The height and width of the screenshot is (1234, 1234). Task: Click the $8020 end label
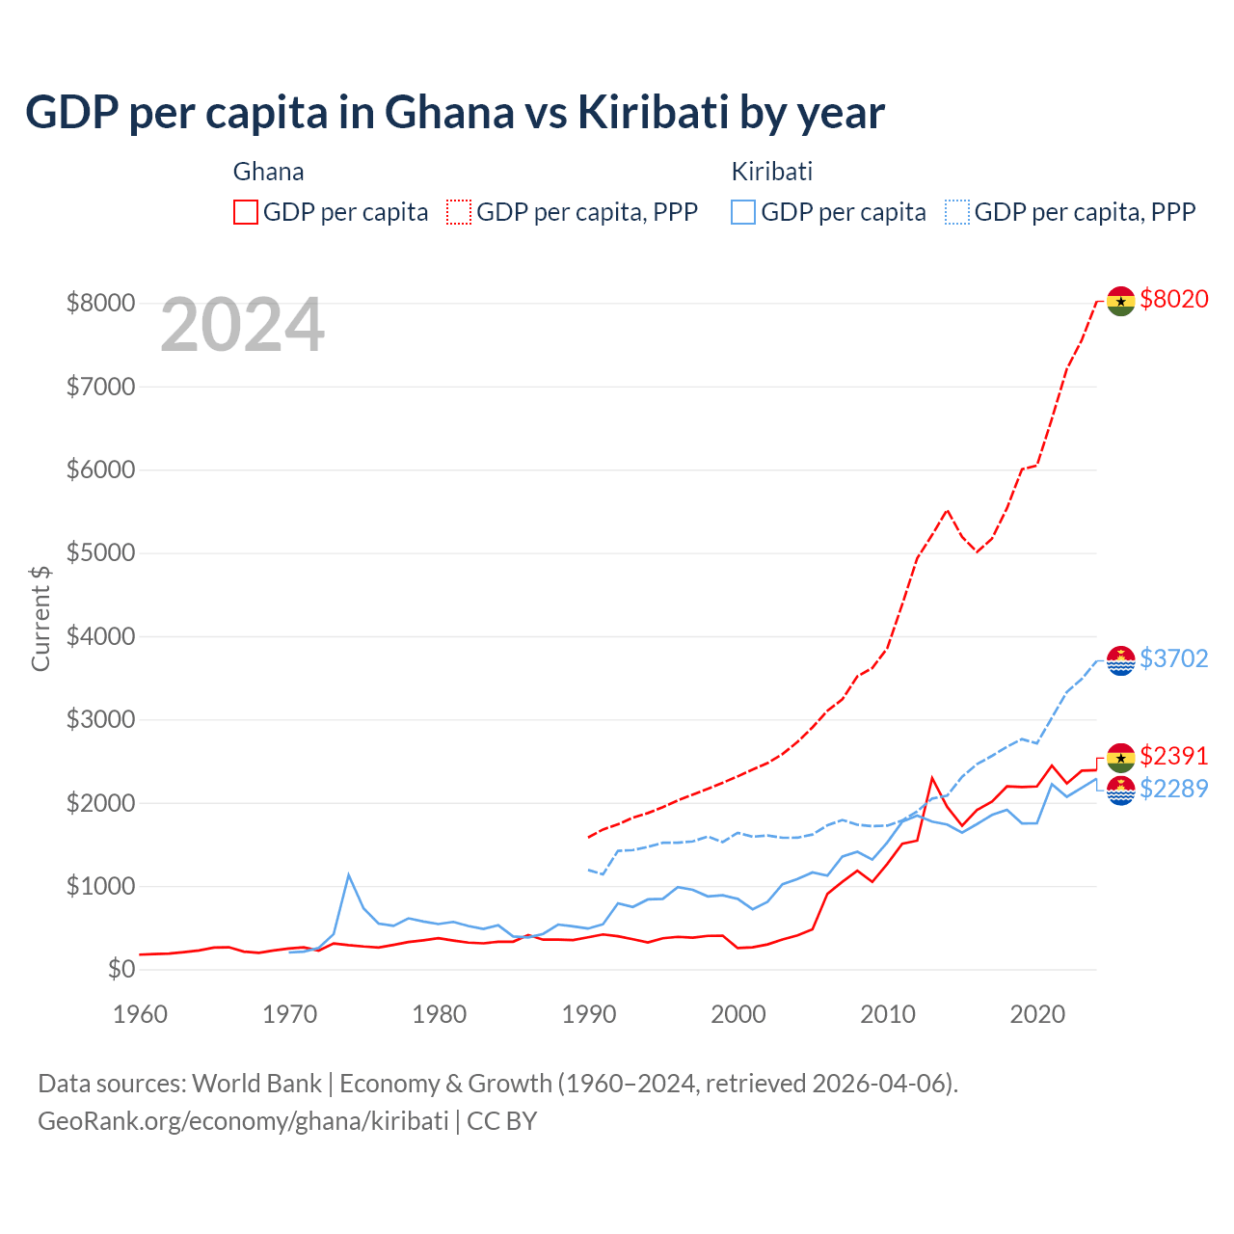[x=1173, y=299]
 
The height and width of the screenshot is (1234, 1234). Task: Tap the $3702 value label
[x=1173, y=658]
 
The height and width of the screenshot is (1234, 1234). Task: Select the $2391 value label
[x=1173, y=756]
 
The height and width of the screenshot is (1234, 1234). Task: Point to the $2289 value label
[x=1173, y=789]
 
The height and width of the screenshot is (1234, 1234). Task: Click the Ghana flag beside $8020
[x=1120, y=301]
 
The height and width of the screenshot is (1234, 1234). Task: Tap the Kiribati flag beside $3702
[x=1120, y=660]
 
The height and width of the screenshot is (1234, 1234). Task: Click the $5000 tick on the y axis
[x=100, y=553]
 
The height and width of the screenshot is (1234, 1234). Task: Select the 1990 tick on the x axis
[x=589, y=1014]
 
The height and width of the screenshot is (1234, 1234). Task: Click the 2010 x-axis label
[x=888, y=1014]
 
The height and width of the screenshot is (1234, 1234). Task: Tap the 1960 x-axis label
[x=141, y=1014]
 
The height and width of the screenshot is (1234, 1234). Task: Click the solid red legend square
[x=246, y=212]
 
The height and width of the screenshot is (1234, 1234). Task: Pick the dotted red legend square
[x=459, y=212]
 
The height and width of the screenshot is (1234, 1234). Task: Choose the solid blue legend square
[x=743, y=212]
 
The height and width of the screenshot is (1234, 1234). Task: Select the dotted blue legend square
[x=957, y=212]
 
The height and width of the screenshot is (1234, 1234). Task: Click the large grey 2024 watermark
[x=242, y=326]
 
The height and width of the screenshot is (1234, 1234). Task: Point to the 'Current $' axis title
[x=40, y=618]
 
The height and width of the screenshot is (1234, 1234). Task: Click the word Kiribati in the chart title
[x=653, y=113]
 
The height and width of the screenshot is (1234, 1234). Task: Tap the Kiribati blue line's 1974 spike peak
[x=349, y=875]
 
